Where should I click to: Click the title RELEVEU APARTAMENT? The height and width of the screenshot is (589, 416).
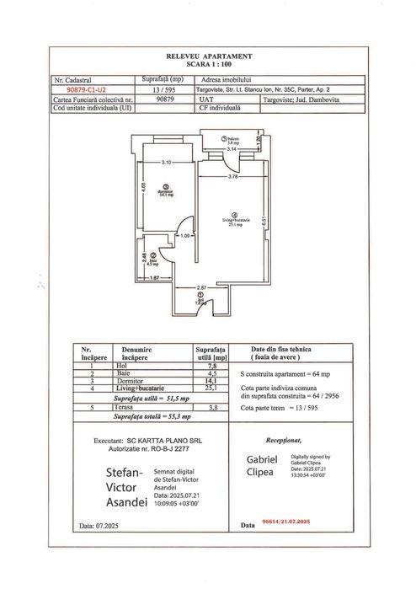coord(207,53)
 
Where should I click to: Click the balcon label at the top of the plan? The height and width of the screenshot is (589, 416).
coord(232,141)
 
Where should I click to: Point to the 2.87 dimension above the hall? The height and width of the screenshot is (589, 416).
coord(202,288)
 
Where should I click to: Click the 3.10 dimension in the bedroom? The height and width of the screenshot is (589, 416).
coord(166,162)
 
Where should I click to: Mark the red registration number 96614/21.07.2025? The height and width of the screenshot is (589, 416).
coord(286,523)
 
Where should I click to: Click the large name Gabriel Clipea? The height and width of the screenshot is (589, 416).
coord(262,465)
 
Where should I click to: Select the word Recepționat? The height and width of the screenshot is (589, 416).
coord(283,440)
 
